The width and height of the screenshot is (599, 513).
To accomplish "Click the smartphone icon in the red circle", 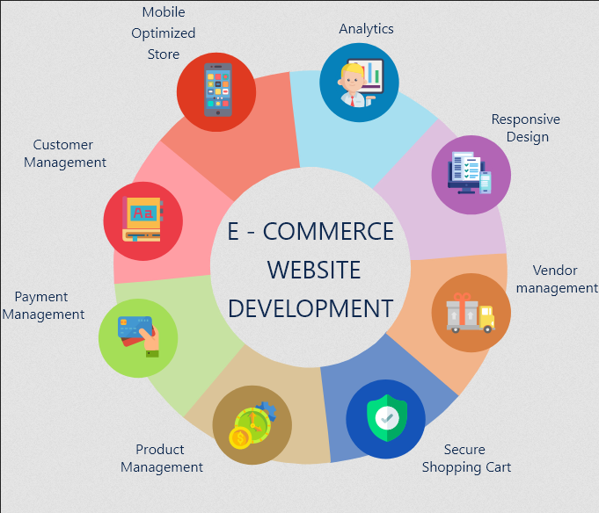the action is pyautogui.click(x=218, y=90).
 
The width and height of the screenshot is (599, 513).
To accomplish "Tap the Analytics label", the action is pyautogui.click(x=366, y=29).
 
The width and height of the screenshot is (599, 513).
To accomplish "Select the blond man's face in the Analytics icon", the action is pyautogui.click(x=353, y=80).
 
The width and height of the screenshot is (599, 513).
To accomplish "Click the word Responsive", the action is pyautogui.click(x=526, y=119).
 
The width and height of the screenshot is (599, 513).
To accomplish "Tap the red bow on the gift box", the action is pyautogui.click(x=462, y=298).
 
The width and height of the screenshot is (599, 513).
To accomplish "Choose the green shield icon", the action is pyautogui.click(x=387, y=418).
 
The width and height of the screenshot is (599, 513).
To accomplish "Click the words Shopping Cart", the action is pyautogui.click(x=466, y=467).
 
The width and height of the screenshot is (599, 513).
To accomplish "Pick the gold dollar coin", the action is pyautogui.click(x=240, y=438).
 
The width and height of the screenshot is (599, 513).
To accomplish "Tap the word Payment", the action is pyautogui.click(x=41, y=297).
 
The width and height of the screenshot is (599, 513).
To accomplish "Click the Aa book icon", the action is pyautogui.click(x=142, y=219).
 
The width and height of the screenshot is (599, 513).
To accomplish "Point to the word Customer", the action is pyautogui.click(x=63, y=145).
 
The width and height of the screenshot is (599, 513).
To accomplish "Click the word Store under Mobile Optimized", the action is pyautogui.click(x=164, y=54).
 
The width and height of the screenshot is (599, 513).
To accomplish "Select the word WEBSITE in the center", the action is pyautogui.click(x=314, y=270).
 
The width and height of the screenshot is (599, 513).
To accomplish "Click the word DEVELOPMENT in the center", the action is pyautogui.click(x=310, y=308).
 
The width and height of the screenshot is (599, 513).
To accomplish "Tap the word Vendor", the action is pyautogui.click(x=555, y=271).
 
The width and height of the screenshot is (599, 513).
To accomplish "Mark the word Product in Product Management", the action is pyautogui.click(x=160, y=450).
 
